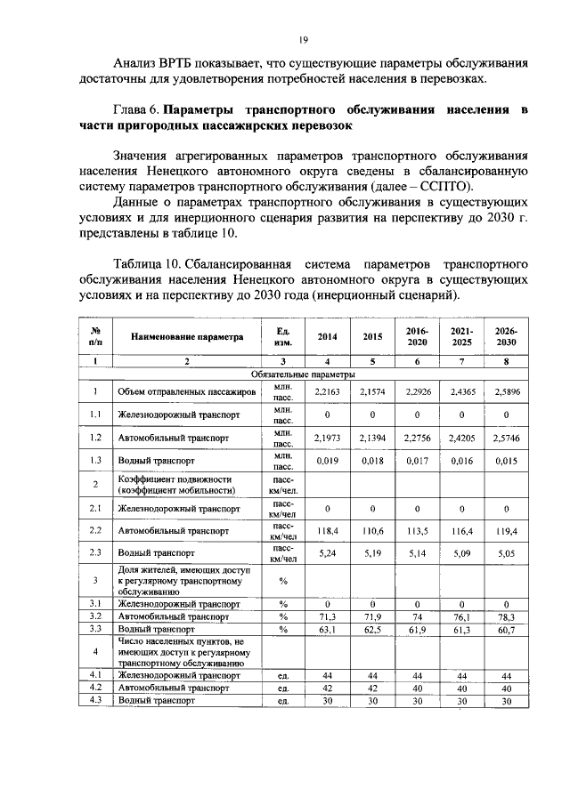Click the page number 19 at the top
tap(303, 40)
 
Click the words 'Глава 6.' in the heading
tap(138, 110)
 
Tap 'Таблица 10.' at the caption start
tap(151, 264)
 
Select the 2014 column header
tap(329, 337)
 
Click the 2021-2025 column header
tap(461, 337)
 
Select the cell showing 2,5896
tap(506, 391)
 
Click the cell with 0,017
tap(417, 462)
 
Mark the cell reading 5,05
tap(506, 555)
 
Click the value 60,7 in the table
tap(506, 628)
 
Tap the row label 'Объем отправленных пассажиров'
tap(181, 391)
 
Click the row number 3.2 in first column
tap(95, 616)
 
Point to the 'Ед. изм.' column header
tap(283, 337)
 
